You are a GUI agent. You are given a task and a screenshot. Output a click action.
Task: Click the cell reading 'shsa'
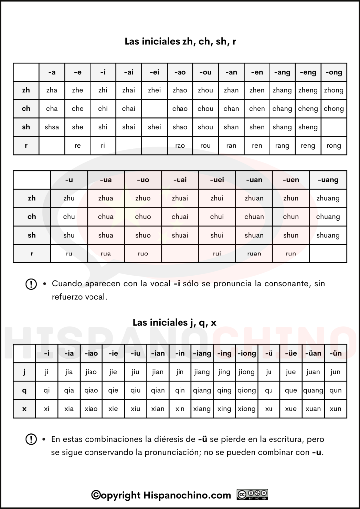52,127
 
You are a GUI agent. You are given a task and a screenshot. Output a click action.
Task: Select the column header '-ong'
333,72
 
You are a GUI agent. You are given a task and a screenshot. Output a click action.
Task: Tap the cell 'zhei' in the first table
154,90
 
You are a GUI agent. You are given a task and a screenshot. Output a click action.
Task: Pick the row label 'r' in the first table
26,145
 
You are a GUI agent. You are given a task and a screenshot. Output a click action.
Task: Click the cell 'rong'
333,146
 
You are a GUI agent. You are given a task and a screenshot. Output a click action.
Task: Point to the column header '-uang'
328,180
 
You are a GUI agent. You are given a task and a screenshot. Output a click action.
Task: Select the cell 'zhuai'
180,198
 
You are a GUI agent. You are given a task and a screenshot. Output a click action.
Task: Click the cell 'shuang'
328,235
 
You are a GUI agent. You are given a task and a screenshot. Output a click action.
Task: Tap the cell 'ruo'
143,254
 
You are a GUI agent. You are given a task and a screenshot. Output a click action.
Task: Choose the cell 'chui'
217,217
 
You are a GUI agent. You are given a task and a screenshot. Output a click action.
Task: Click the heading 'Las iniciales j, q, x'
175,322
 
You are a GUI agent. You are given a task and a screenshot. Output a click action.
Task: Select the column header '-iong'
246,353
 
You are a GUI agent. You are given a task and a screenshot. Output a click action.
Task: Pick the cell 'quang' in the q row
313,390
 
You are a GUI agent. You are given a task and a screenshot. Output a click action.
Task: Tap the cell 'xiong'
246,409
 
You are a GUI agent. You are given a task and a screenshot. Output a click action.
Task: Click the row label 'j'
24,372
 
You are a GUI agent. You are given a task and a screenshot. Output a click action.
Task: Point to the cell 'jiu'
135,372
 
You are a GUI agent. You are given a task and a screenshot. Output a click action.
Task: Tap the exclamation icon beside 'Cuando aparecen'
31,284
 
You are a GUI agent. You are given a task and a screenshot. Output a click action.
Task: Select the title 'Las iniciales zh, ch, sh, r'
180,41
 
